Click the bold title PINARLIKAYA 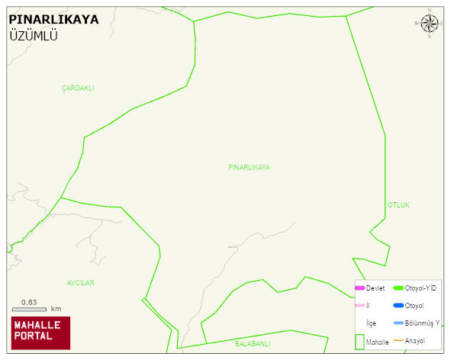pyautogui.click(x=53, y=19)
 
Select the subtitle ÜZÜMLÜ pyautogui.click(x=34, y=36)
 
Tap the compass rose pyautogui.click(x=430, y=24)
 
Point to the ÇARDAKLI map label pyautogui.click(x=78, y=88)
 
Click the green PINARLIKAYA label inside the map pyautogui.click(x=249, y=167)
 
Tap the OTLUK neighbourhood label pyautogui.click(x=399, y=205)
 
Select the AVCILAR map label pyautogui.click(x=81, y=283)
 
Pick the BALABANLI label pyautogui.click(x=253, y=344)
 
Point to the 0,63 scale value pyautogui.click(x=30, y=301)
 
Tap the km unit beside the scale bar pyautogui.click(x=56, y=309)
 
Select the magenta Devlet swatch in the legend pyautogui.click(x=360, y=288)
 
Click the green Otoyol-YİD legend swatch pyautogui.click(x=398, y=288)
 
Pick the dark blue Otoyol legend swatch pyautogui.click(x=398, y=306)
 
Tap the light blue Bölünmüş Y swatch pyautogui.click(x=398, y=323)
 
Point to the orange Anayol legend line pyautogui.click(x=398, y=340)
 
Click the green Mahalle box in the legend pyautogui.click(x=360, y=342)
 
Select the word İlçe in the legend pyautogui.click(x=372, y=323)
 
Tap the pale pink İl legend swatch pyautogui.click(x=360, y=306)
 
